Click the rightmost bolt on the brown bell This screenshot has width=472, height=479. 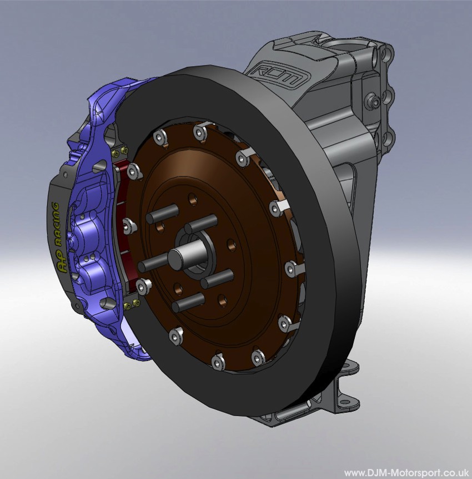[291, 269]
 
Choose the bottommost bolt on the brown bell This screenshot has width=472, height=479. [216, 363]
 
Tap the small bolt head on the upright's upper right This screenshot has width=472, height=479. [376, 102]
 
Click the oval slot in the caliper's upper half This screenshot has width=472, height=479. [101, 166]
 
